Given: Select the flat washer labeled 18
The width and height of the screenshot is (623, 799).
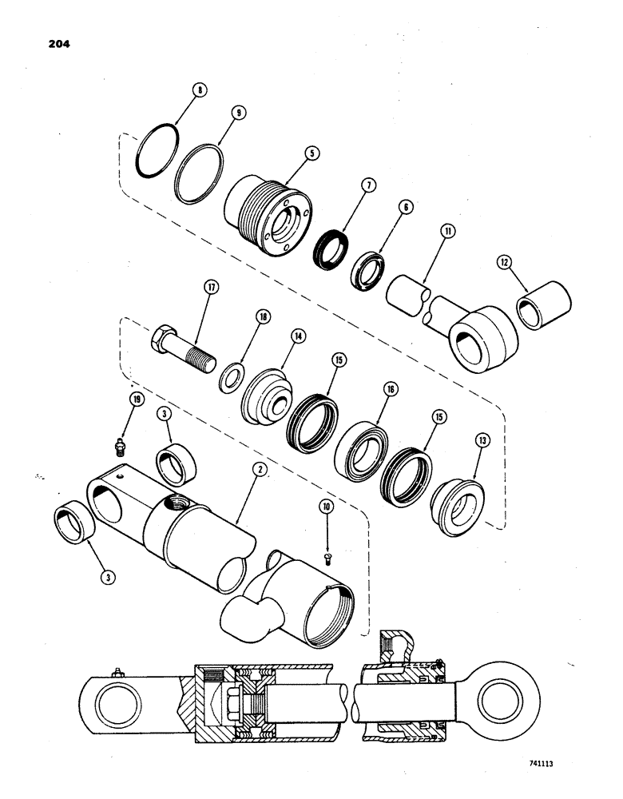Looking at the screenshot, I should [234, 376].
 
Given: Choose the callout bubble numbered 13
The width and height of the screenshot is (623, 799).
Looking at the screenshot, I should [482, 440].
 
